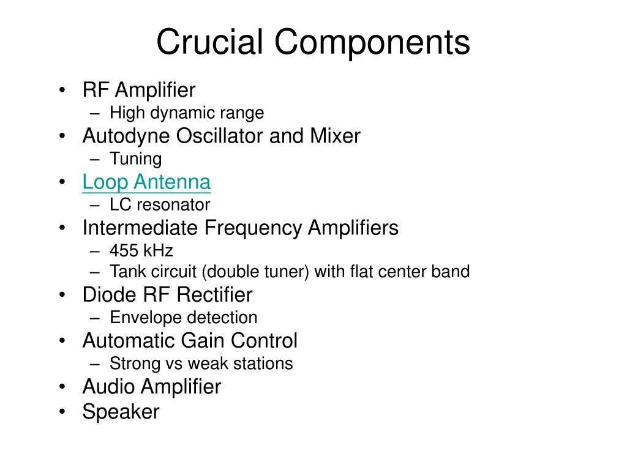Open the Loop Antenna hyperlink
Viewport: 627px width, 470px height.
tap(146, 182)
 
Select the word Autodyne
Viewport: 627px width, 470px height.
tap(126, 136)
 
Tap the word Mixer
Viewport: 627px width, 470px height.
tap(335, 135)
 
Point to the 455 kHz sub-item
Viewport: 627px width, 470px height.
tap(141, 250)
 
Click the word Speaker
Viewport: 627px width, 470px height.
tap(121, 412)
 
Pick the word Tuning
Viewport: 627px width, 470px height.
tap(135, 159)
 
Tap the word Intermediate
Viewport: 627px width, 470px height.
tap(140, 228)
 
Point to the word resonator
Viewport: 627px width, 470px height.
tap(173, 205)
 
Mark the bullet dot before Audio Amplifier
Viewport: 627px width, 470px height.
tap(62, 387)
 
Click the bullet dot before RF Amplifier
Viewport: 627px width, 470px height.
tap(62, 90)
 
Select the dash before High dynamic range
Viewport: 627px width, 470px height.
tap(95, 113)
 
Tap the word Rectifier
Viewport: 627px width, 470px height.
tap(214, 295)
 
